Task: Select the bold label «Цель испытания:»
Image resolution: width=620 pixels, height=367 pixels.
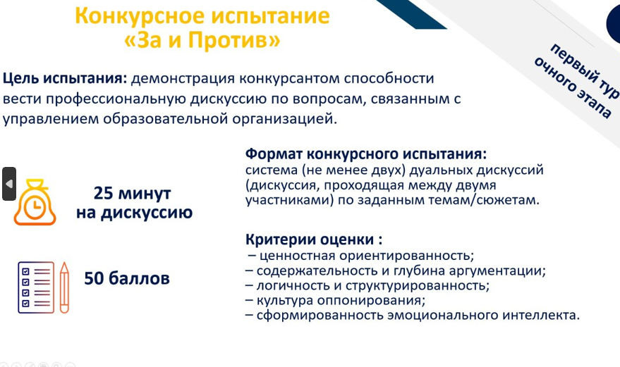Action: pyautogui.click(x=65, y=79)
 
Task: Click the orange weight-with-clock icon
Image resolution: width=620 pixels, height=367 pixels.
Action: pyautogui.click(x=35, y=202)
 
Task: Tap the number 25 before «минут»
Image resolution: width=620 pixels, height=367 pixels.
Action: pyautogui.click(x=104, y=193)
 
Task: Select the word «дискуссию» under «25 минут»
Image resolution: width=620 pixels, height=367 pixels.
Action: pyautogui.click(x=147, y=213)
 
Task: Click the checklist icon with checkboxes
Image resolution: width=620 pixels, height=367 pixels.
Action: pyautogui.click(x=36, y=287)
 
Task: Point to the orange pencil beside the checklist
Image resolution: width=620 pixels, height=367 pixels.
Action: pyautogui.click(x=64, y=287)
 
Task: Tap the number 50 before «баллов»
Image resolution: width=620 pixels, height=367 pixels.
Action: pyautogui.click(x=94, y=278)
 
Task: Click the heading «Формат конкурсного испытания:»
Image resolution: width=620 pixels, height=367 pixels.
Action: pyautogui.click(x=366, y=154)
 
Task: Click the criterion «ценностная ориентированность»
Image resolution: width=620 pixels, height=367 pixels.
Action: pyautogui.click(x=367, y=256)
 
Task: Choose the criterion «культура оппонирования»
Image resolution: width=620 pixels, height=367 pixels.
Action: pyautogui.click(x=341, y=301)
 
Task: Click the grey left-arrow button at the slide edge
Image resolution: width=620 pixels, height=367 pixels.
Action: pyautogui.click(x=9, y=184)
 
